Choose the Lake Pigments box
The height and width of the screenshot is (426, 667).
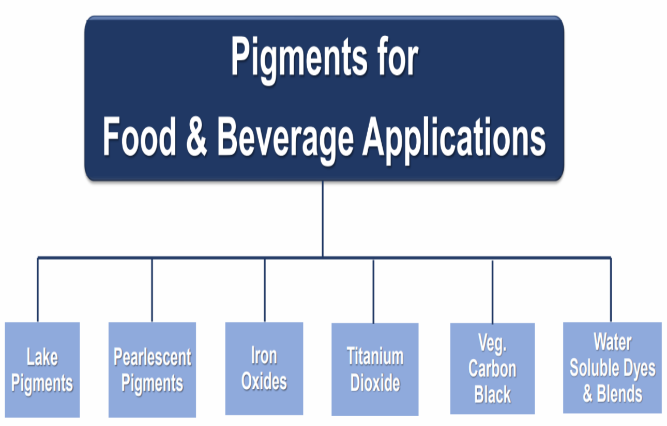pyautogui.click(x=42, y=370)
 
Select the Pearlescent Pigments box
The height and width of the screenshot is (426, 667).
pyautogui.click(x=152, y=370)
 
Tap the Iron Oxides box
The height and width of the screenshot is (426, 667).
pyautogui.click(x=264, y=368)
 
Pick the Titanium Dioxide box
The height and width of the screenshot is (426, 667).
pyautogui.click(x=375, y=369)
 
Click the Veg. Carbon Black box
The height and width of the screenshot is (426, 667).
pyautogui.click(x=492, y=369)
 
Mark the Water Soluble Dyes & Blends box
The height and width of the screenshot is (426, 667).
pyautogui.click(x=612, y=368)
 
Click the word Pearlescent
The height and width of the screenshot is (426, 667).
pyautogui.click(x=152, y=357)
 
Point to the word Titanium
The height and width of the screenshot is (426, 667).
pyautogui.click(x=375, y=356)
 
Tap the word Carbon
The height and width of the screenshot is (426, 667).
pyautogui.click(x=492, y=369)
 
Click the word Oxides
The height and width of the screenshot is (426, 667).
pyautogui.click(x=264, y=382)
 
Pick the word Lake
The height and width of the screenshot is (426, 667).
pyautogui.click(x=42, y=357)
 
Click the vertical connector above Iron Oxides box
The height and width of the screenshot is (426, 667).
pyautogui.click(x=265, y=290)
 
